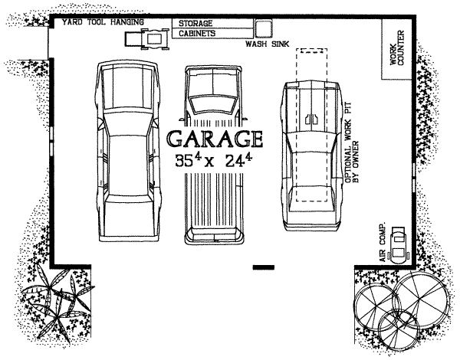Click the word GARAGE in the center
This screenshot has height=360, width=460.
click(215, 139)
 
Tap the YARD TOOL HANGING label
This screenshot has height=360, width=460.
click(103, 22)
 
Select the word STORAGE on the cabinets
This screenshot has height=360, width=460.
click(195, 23)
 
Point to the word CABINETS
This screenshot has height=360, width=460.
click(197, 34)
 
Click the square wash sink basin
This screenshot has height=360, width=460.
click(263, 28)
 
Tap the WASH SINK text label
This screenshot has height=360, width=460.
click(268, 44)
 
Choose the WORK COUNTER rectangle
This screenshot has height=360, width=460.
click(396, 49)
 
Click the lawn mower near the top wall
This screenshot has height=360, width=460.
click(147, 39)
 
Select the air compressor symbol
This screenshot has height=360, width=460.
click(398, 243)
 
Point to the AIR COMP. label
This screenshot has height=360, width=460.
click(383, 243)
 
